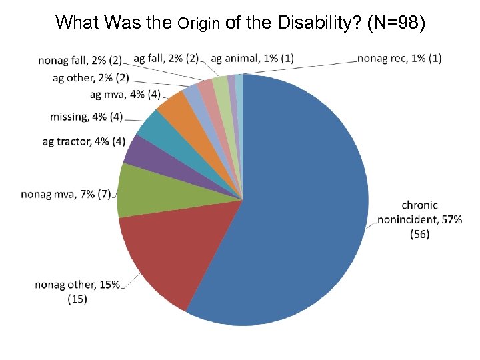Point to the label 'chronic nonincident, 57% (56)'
pyautogui.click(x=419, y=219)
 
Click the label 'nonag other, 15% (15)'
pyautogui.click(x=77, y=292)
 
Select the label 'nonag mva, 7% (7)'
pyautogui.click(x=66, y=195)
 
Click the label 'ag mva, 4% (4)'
pyautogui.click(x=125, y=95)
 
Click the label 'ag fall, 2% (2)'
pyautogui.click(x=166, y=58)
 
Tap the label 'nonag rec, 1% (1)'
pyautogui.click(x=399, y=58)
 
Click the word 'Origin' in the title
pyautogui.click(x=200, y=24)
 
